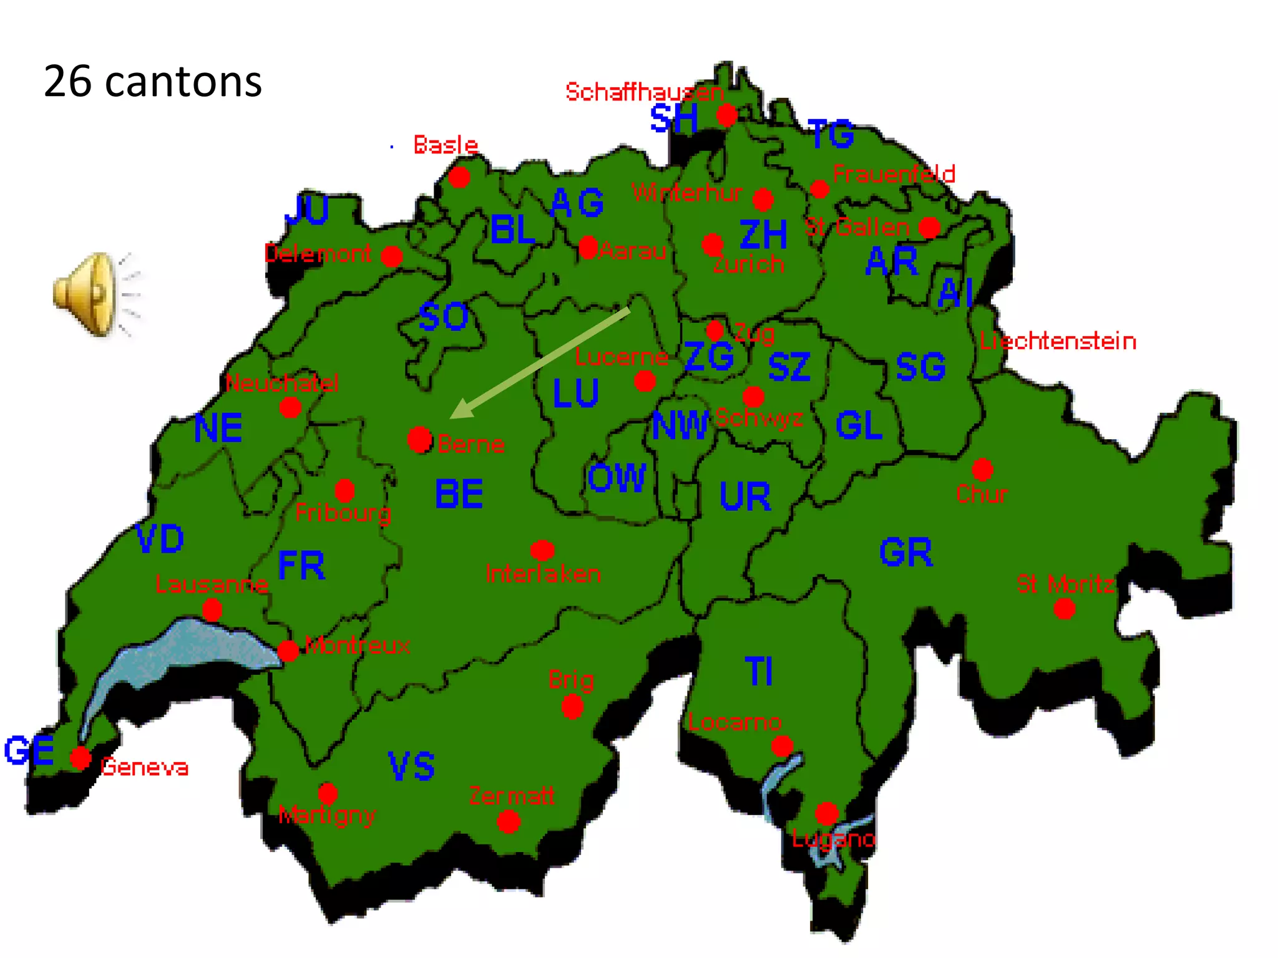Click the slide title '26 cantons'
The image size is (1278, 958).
153,82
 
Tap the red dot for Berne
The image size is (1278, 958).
420,440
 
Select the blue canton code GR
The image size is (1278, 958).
906,553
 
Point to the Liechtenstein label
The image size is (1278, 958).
1058,341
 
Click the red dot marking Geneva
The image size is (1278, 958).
80,758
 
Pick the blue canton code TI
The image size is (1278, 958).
759,672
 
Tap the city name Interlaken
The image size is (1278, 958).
543,574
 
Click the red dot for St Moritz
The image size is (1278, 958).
1065,609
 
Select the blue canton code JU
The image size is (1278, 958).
306,210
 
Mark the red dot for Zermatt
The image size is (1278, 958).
509,821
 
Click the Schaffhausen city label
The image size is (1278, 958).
644,92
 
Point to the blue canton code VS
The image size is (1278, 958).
411,767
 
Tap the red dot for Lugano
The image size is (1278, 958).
827,813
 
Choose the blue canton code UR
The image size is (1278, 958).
745,496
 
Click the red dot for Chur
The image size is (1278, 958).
982,469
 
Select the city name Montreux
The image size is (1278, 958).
358,645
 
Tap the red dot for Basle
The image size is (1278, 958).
459,177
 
